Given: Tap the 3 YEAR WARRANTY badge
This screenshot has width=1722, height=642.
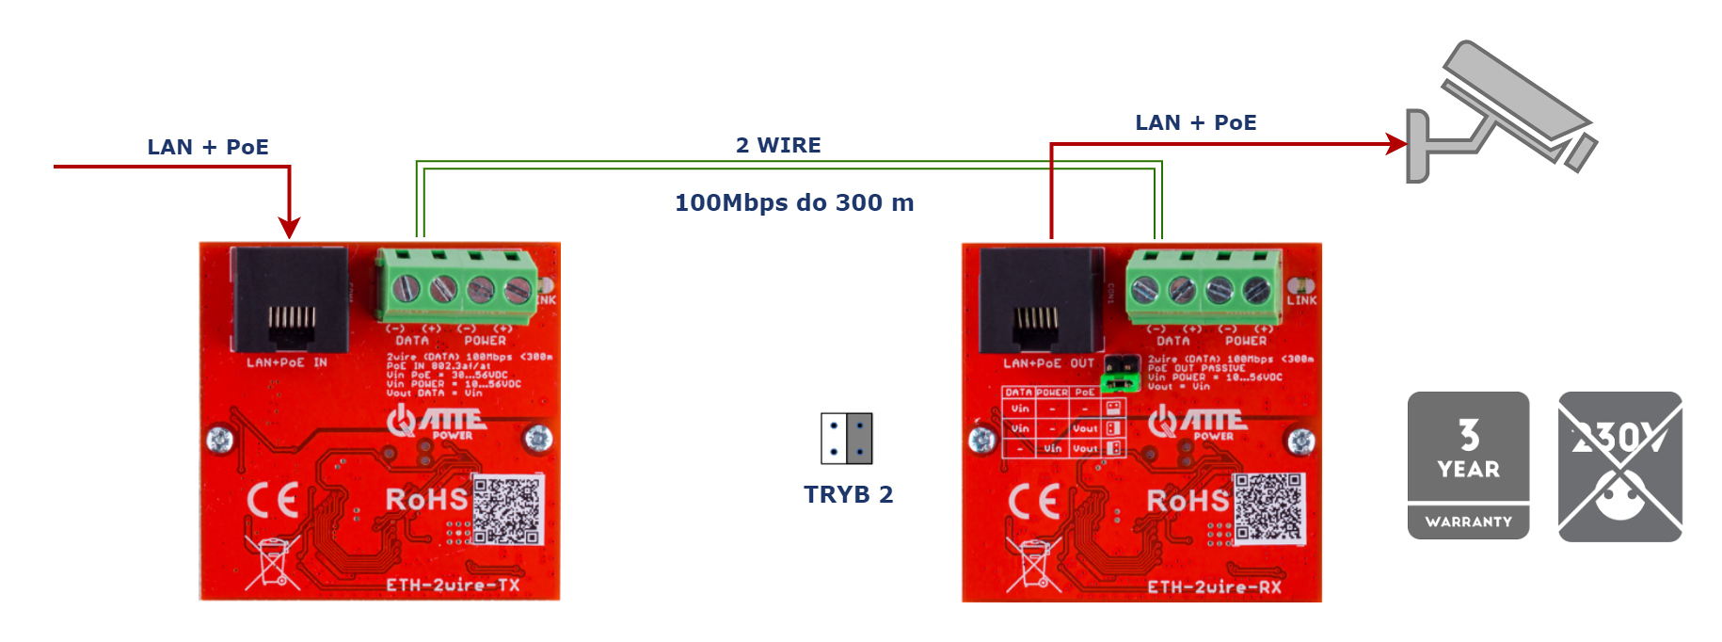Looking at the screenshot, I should pyautogui.click(x=1468, y=465).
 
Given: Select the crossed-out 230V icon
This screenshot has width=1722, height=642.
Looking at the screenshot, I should pyautogui.click(x=1619, y=466).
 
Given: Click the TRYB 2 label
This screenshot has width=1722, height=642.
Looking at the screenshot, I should pyautogui.click(x=848, y=494).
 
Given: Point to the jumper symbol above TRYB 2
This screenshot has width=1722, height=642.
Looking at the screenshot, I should pyautogui.click(x=847, y=439).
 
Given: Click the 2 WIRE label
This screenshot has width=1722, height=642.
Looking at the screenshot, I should pyautogui.click(x=778, y=145).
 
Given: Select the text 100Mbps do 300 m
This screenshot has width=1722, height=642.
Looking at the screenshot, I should pyautogui.click(x=794, y=202).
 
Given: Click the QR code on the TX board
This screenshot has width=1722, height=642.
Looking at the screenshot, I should pyautogui.click(x=508, y=509).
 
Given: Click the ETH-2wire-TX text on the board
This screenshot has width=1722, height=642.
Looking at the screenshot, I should pyautogui.click(x=453, y=585).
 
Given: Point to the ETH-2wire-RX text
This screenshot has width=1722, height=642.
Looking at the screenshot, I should pyautogui.click(x=1214, y=586).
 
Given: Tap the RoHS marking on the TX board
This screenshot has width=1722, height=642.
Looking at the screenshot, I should pyautogui.click(x=426, y=499).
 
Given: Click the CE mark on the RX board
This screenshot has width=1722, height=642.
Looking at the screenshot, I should pyautogui.click(x=1034, y=502).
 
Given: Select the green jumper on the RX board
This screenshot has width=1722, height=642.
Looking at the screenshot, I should pyautogui.click(x=1119, y=381).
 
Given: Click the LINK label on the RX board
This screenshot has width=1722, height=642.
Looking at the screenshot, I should pyautogui.click(x=1301, y=300).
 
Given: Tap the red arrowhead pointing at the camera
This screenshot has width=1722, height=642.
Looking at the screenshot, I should pyautogui.click(x=1397, y=144).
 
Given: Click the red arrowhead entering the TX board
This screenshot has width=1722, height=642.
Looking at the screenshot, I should pyautogui.click(x=290, y=228).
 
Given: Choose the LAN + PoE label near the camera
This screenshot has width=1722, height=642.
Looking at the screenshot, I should pyautogui.click(x=1195, y=122).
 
